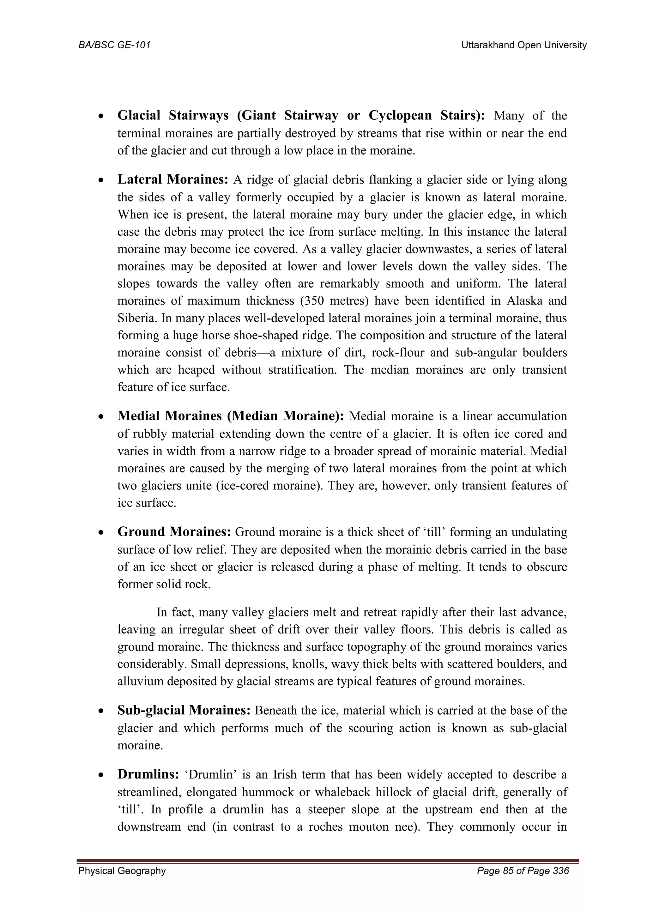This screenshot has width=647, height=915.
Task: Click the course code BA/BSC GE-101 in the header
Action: (x=114, y=45)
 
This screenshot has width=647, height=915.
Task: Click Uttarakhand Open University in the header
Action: (x=524, y=45)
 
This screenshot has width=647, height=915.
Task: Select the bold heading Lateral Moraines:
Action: (x=172, y=179)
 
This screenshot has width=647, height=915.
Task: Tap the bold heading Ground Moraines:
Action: (x=174, y=532)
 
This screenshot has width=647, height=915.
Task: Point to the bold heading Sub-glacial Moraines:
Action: (x=184, y=710)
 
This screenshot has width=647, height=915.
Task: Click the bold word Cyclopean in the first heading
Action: (x=400, y=115)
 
